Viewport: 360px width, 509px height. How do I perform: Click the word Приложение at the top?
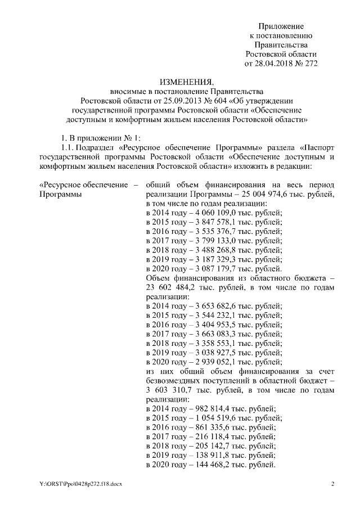coord(281,26)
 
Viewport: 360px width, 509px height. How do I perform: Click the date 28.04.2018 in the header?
coord(275,64)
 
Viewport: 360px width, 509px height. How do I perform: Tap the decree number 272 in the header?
coord(311,64)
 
